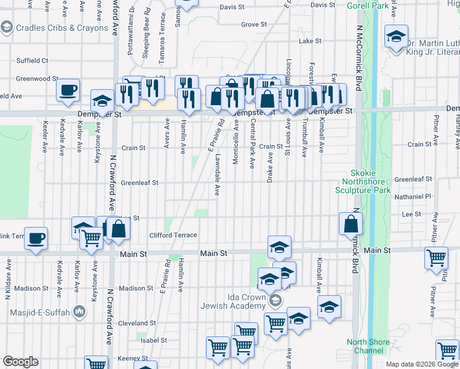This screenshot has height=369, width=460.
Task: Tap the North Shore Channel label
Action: [368, 346]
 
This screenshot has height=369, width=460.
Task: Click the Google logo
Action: [20, 362]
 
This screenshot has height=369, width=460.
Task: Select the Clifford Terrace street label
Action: [173, 235]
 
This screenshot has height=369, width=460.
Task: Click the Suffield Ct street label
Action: [32, 61]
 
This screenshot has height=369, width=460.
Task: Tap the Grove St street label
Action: [253, 25]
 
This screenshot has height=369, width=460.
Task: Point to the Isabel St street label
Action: [154, 340]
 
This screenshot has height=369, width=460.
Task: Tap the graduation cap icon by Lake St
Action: [396, 37]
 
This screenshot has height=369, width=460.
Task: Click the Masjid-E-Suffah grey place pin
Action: [79, 312]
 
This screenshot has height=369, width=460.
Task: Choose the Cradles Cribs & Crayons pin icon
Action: [7, 28]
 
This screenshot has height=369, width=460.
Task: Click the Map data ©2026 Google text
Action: [422, 364]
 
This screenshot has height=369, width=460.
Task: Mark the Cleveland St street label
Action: [137, 323]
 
